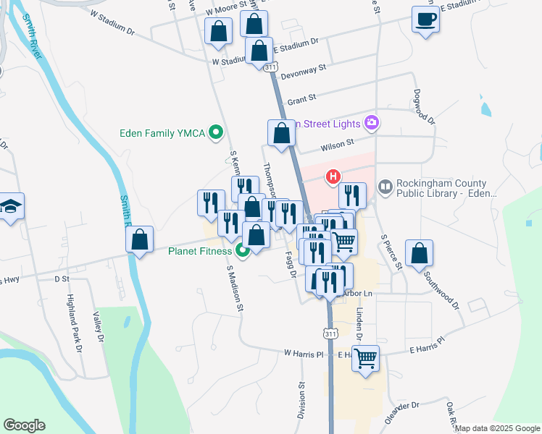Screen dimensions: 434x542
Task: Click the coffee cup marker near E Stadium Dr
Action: point(425,20)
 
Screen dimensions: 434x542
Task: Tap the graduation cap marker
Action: point(11,208)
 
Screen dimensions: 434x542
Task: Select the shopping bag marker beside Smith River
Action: point(140,240)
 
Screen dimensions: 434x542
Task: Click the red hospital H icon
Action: point(333,176)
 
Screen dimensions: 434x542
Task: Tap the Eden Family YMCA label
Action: point(162,132)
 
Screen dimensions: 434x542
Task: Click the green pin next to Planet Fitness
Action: point(243,251)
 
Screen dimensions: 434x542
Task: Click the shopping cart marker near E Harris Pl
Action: point(366,358)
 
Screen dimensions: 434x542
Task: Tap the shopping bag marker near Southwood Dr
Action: point(419,254)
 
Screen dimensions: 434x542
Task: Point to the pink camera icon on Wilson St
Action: point(372,122)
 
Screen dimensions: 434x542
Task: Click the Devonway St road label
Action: point(304,69)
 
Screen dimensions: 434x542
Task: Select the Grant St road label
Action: point(301,99)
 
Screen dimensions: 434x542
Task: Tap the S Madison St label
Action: point(234,288)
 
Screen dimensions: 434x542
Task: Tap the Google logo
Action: point(24,425)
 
